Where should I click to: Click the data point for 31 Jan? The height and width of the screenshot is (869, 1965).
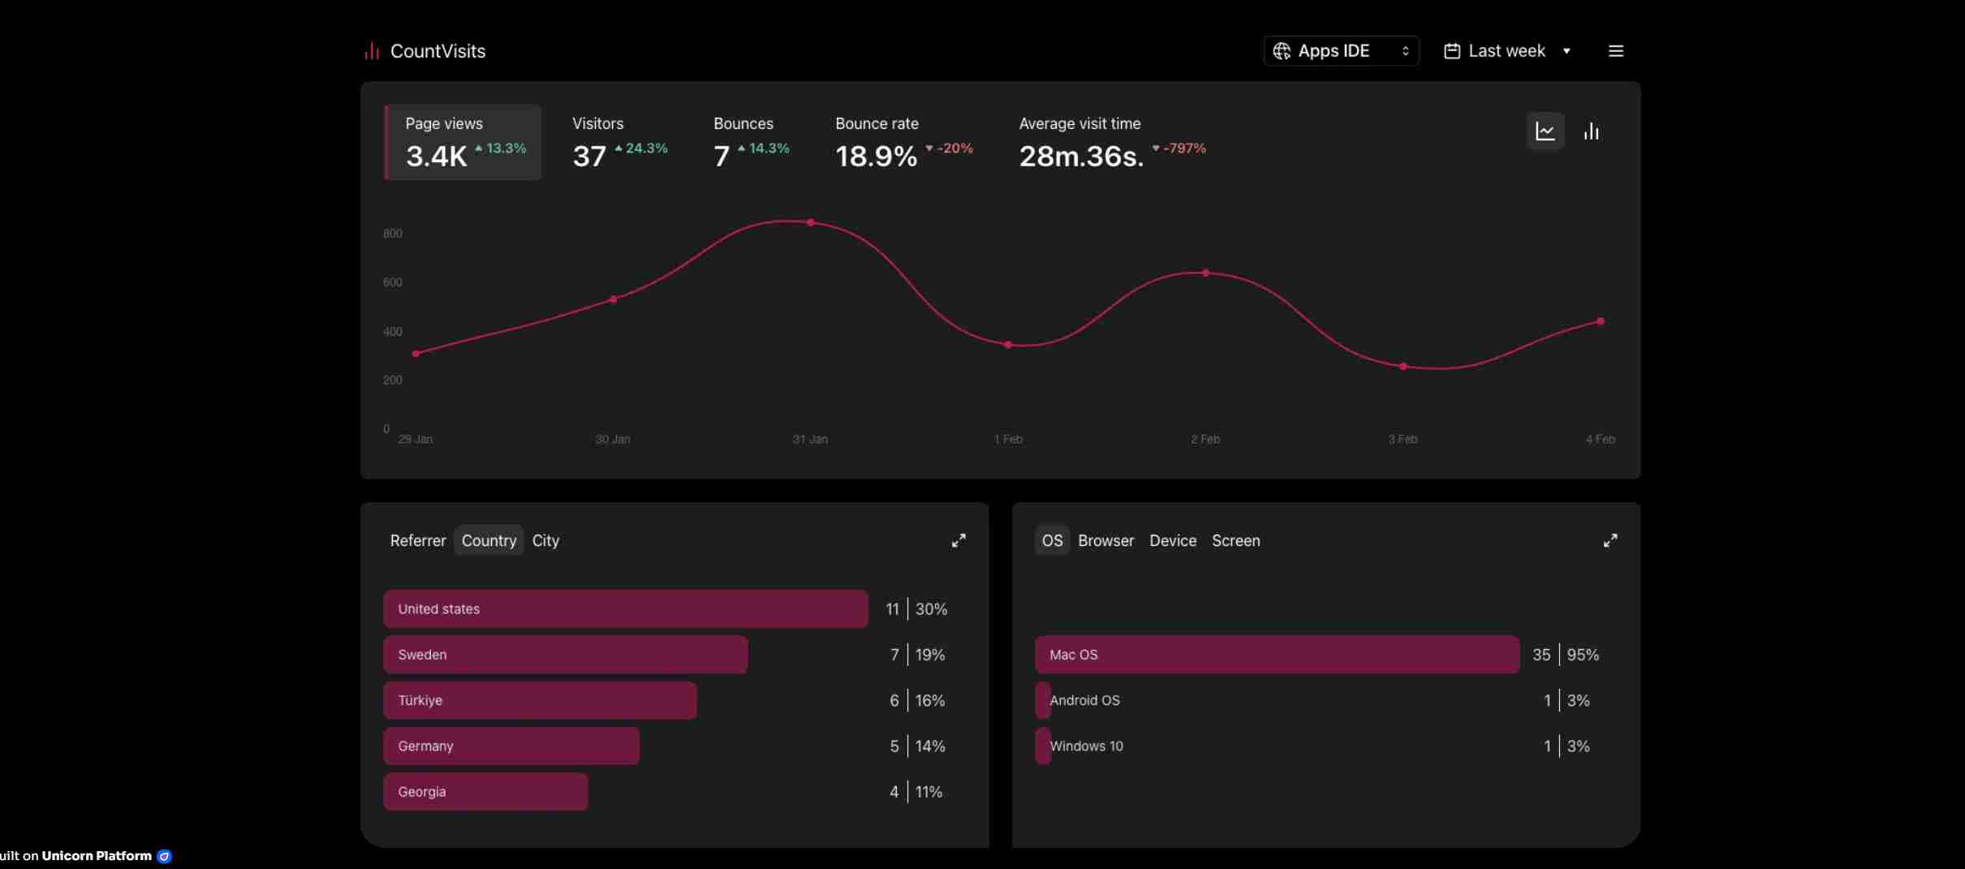coord(810,222)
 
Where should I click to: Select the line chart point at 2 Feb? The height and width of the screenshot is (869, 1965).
coord(1205,273)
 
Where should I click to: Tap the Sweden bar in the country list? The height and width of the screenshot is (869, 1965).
coord(565,654)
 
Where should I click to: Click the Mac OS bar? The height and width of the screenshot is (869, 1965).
coord(1277,654)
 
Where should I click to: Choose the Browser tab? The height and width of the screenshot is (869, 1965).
coord(1105,540)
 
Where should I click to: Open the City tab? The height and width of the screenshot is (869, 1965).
coord(545,540)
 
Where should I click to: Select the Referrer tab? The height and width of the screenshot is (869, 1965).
coord(418,540)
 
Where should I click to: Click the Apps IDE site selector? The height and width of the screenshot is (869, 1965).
coord(1341,50)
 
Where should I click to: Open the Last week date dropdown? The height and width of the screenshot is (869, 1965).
coord(1507,50)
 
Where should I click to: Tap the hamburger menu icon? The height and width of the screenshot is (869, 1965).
coord(1615,50)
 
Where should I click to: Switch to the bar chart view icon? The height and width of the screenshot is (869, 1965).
coord(1591,131)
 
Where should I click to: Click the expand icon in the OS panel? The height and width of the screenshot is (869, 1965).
coord(1609,540)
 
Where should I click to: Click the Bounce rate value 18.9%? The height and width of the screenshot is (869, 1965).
coord(876,156)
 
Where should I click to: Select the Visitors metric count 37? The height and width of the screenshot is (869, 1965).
coord(589,156)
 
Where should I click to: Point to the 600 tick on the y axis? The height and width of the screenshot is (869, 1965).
coord(392,282)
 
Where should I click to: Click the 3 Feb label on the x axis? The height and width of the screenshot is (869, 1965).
coord(1403,439)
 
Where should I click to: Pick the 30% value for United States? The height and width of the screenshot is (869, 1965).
coord(931,609)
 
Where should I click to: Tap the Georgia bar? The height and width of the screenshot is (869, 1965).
coord(485,791)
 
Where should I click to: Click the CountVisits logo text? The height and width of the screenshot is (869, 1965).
coord(437,51)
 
